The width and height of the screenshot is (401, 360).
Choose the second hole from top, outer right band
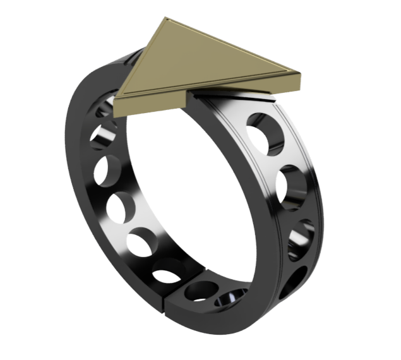[292, 185]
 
